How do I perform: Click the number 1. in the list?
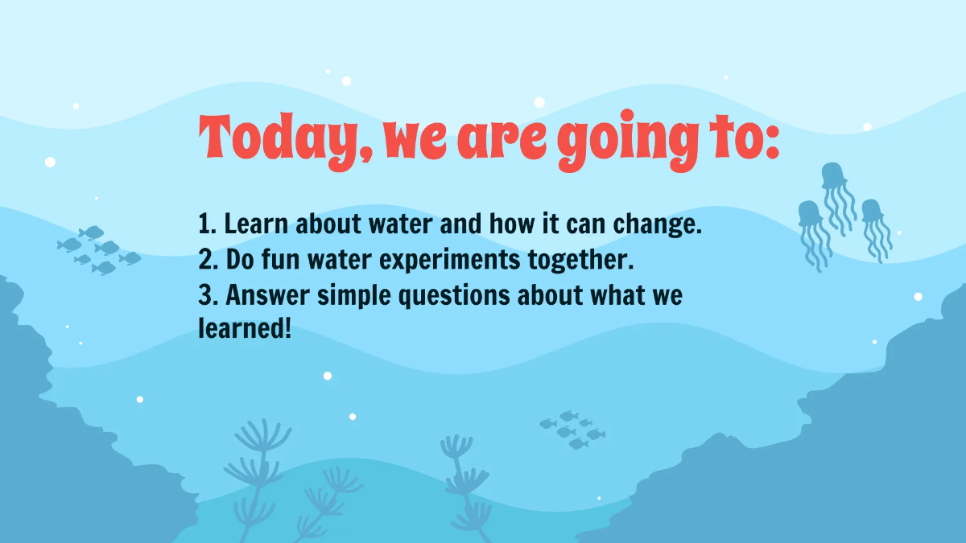click(208, 224)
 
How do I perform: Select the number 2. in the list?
click(208, 259)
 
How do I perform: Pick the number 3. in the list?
click(208, 294)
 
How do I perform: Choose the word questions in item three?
click(453, 297)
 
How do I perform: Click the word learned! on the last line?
click(245, 330)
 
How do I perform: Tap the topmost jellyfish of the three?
click(834, 177)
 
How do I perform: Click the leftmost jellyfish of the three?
click(809, 216)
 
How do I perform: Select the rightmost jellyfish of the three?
click(872, 212)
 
